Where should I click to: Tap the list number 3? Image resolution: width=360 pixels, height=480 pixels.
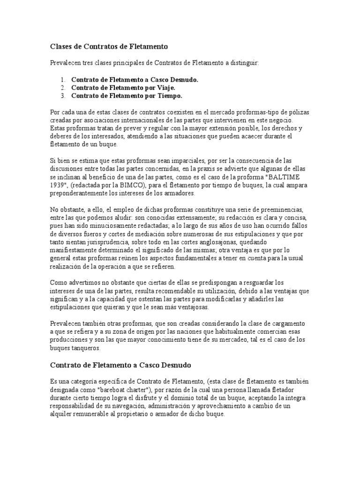click(x=63, y=96)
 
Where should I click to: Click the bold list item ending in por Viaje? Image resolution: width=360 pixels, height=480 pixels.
click(x=124, y=88)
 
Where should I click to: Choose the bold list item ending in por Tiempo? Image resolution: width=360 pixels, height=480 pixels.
click(x=127, y=96)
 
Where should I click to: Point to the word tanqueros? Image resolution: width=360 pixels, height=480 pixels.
click(x=87, y=349)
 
